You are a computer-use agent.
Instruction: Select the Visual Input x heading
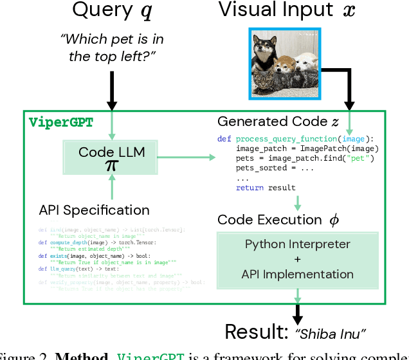click(x=288, y=10)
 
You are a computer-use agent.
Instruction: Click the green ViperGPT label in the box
click(x=61, y=122)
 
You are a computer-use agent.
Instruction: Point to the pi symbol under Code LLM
click(x=113, y=166)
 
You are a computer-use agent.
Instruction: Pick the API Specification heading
click(x=94, y=210)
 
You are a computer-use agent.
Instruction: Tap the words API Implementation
click(x=297, y=274)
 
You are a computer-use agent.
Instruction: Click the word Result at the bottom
click(x=257, y=332)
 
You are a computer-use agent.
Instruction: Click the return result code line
click(x=266, y=188)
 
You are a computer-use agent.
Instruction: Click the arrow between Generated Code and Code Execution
click(x=297, y=203)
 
